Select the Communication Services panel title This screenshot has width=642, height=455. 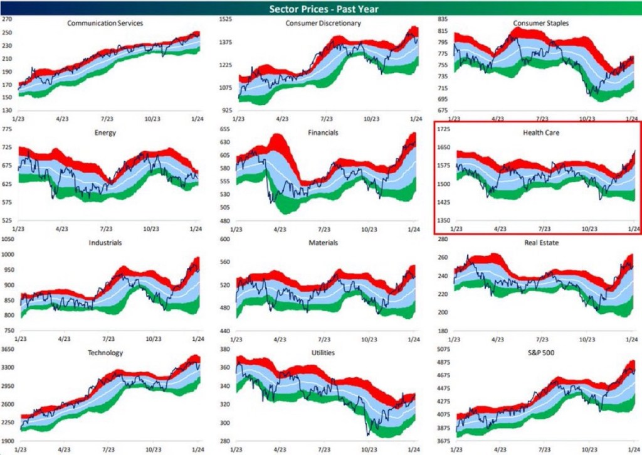point(105,23)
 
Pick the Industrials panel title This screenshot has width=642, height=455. point(105,242)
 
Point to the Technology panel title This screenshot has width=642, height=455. point(105,353)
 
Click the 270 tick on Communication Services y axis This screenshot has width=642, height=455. point(8,19)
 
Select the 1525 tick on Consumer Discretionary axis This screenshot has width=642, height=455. point(226,19)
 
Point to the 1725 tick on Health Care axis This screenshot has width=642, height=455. point(444,129)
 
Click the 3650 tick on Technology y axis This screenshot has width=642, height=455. point(9,349)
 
